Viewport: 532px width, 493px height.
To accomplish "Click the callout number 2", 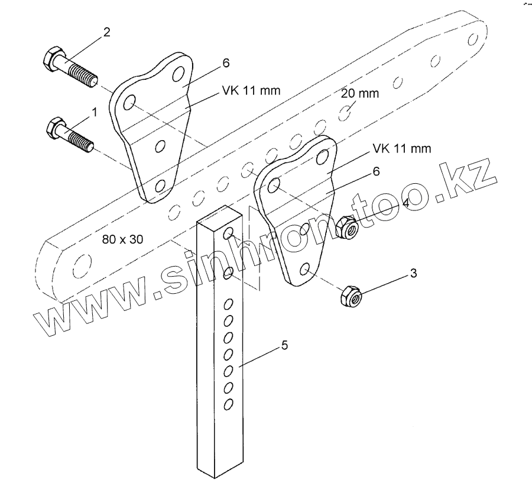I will click(106, 32).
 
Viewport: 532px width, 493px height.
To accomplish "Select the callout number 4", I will click(406, 203).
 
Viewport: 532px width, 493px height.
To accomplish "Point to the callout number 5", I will click(284, 345).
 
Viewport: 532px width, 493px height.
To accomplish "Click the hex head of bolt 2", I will click(52, 58).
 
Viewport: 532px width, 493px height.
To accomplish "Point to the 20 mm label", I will click(361, 93).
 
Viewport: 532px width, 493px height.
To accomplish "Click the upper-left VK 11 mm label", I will click(251, 90).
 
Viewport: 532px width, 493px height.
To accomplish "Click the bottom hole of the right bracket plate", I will click(306, 270).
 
